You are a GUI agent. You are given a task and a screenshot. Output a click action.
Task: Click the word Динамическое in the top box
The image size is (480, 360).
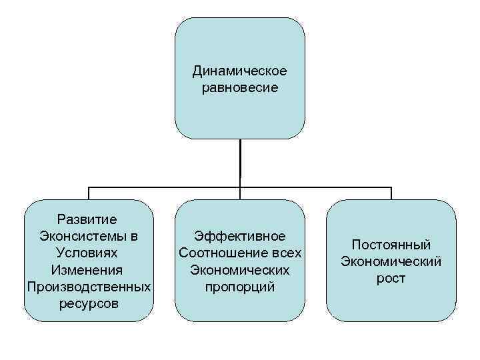(239, 71)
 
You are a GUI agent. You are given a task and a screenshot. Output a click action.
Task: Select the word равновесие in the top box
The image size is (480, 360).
(239, 87)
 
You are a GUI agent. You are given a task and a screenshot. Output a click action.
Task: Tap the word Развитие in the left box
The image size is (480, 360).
(87, 219)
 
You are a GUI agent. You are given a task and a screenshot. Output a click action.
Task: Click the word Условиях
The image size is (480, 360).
(87, 253)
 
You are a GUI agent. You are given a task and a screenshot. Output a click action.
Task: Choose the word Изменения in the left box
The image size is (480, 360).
(87, 270)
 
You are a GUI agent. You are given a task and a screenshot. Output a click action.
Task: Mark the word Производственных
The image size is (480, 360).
(88, 287)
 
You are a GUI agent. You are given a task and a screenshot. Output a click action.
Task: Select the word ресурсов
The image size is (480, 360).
(87, 304)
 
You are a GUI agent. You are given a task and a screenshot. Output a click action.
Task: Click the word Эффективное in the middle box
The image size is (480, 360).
(239, 237)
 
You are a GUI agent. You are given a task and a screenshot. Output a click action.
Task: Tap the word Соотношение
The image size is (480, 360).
(224, 253)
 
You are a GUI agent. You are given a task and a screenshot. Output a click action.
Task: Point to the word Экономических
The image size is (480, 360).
(239, 270)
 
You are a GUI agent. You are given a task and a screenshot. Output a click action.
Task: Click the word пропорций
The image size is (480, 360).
(239, 287)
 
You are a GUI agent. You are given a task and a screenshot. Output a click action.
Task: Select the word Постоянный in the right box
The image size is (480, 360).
(391, 245)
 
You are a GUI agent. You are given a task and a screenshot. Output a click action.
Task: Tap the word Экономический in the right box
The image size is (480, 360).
(391, 261)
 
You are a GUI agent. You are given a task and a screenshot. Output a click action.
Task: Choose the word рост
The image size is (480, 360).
(391, 279)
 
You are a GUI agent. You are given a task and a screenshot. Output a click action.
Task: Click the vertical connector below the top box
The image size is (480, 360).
(240, 163)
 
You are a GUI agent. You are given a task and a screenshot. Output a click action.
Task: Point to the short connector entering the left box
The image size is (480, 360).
(89, 193)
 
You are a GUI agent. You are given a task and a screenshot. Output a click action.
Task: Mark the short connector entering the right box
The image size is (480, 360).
(391, 193)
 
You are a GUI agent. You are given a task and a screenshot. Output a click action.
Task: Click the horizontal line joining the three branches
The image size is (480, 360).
(167, 187)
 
